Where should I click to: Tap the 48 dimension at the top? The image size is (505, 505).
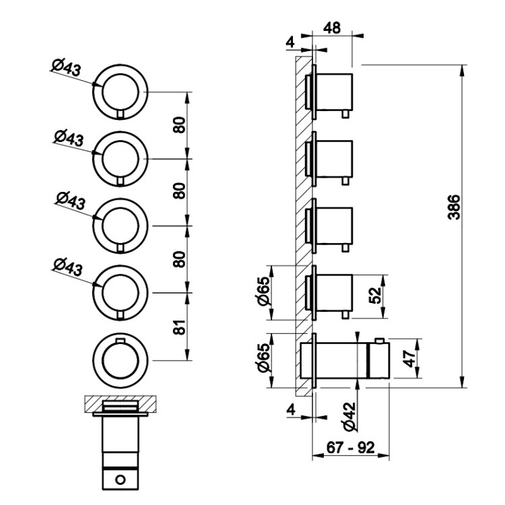coord(332,28)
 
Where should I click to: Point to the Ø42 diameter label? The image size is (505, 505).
coord(348,417)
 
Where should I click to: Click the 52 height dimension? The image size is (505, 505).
coord(378,296)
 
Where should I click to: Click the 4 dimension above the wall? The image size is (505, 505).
coord(290,42)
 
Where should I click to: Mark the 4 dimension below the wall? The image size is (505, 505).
coord(290,409)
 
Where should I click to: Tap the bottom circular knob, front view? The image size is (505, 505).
coord(121,358)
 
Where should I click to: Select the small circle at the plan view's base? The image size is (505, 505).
coord(121,479)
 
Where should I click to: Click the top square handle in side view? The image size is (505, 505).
coord(334,90)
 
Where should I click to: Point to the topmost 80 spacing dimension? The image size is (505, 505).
coord(178,125)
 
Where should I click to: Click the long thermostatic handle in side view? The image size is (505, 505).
coord(343,360)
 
